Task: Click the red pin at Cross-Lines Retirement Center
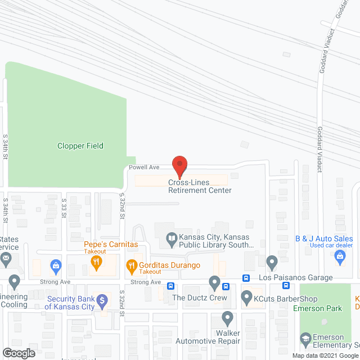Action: (x=179, y=165)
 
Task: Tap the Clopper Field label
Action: (x=80, y=146)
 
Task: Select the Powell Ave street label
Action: (x=144, y=167)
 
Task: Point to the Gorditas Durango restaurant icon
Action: (x=132, y=265)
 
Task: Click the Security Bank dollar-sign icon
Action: (x=102, y=300)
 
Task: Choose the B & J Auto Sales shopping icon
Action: (x=339, y=257)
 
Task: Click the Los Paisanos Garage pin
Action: (x=272, y=263)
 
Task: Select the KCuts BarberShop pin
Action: (x=246, y=297)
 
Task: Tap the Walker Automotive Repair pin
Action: (x=227, y=318)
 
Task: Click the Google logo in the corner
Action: (x=18, y=353)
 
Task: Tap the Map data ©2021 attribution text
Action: (x=316, y=355)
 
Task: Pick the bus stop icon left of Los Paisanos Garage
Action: (x=246, y=278)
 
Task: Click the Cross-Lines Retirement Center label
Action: (x=200, y=186)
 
